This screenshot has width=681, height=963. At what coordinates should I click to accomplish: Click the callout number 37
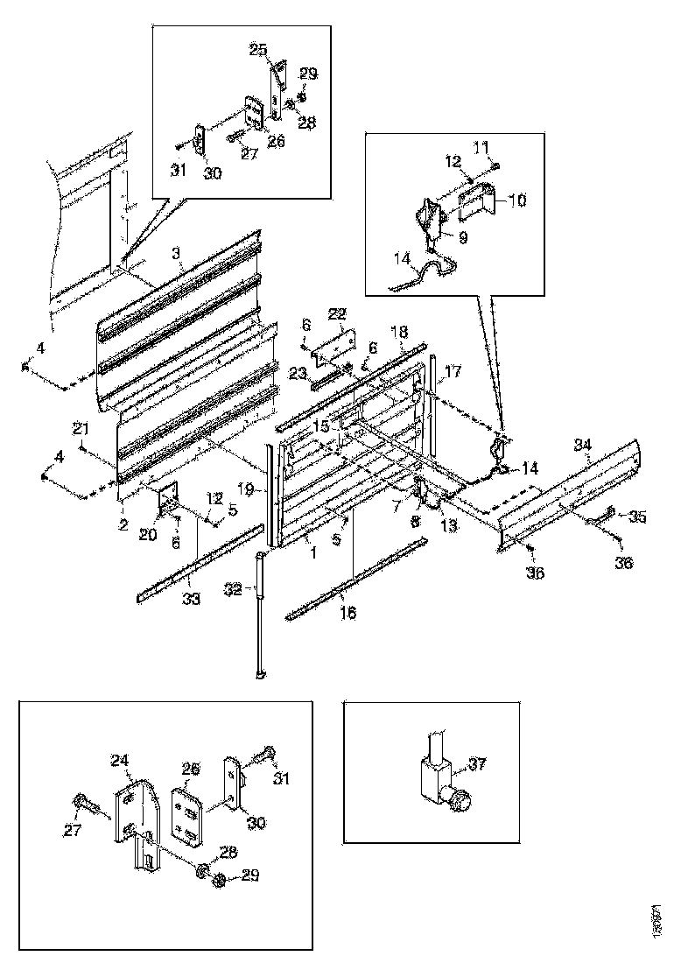477,765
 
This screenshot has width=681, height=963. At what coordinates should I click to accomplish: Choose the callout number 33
191,600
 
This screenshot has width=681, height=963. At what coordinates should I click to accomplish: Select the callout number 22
339,313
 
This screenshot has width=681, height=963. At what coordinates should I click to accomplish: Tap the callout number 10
516,201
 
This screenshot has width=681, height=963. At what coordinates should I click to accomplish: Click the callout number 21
81,428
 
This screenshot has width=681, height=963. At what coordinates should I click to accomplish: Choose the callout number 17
453,372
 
